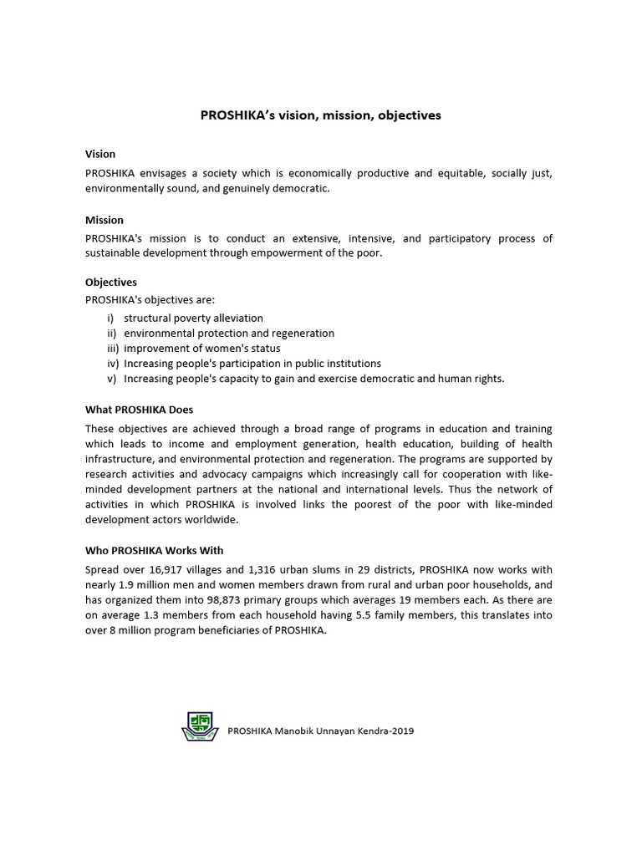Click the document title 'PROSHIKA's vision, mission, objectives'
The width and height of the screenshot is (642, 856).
click(320, 115)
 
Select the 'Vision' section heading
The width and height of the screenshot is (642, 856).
click(100, 154)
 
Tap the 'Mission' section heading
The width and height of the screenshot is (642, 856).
click(104, 220)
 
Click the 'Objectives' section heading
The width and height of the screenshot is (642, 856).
click(111, 283)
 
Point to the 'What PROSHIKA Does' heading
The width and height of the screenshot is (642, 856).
click(139, 410)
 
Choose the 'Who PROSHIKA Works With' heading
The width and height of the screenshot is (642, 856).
click(155, 550)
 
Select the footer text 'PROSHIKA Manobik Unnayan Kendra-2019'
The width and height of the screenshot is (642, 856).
click(321, 731)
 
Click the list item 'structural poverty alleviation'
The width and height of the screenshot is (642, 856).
click(193, 318)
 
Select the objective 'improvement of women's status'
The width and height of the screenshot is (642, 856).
click(201, 348)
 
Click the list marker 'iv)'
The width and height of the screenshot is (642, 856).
click(113, 363)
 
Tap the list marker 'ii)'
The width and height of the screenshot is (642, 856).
click(112, 333)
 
